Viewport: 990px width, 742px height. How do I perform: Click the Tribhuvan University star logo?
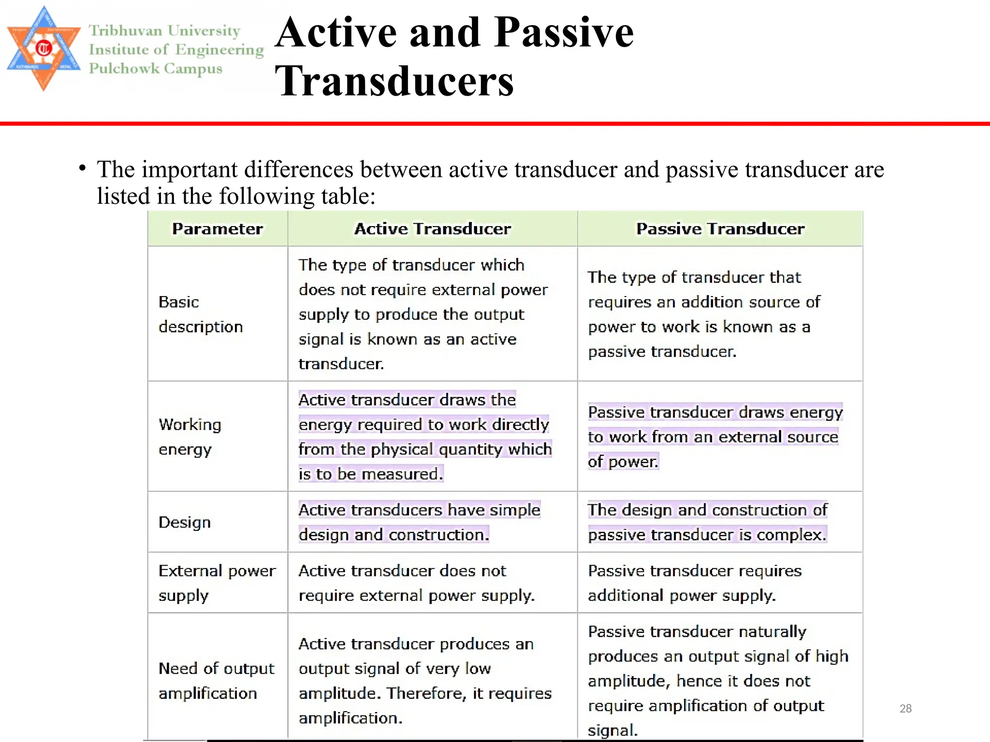44,48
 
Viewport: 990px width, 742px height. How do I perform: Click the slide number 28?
905,708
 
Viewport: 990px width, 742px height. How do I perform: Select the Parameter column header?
218,228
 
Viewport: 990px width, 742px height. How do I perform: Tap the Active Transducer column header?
432,228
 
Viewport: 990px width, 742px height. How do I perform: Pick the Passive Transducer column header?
720,228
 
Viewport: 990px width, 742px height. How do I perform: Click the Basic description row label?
201,314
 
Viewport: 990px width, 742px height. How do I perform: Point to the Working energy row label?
190,437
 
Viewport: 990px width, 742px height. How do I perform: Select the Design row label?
185,522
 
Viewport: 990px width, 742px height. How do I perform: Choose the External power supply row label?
217,583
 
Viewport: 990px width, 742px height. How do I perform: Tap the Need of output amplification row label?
217,681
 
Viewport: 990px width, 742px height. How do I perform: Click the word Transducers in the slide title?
394,81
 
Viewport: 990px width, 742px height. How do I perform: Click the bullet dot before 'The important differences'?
83,169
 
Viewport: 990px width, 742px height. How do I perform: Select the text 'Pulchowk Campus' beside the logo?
156,69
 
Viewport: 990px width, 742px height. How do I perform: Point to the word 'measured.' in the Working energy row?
402,474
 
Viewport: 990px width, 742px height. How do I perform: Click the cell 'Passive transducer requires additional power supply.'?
695,583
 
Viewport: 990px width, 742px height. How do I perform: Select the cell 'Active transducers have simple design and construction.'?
419,522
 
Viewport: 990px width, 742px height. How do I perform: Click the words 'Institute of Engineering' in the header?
176,50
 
